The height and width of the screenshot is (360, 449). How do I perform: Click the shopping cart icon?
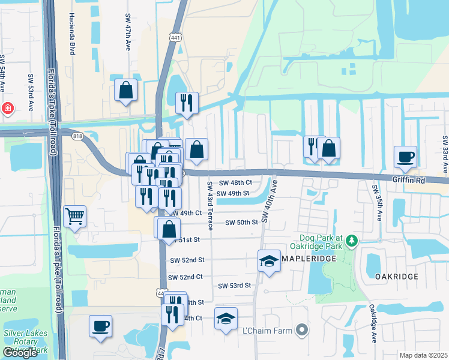tap(74, 216)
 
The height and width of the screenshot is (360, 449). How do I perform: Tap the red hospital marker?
tap(7, 109)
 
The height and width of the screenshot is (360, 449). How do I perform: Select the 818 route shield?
tap(77, 137)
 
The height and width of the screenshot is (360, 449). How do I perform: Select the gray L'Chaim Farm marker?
tap(302, 331)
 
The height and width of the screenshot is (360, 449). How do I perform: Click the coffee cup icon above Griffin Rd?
tap(405, 157)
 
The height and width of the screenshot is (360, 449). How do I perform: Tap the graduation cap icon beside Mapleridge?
tap(270, 260)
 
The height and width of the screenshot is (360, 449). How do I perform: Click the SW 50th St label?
tap(241, 222)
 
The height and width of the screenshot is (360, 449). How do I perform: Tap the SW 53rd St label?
tap(234, 286)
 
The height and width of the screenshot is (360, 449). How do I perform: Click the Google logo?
tap(20, 353)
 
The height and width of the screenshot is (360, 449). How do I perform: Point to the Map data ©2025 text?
tap(423, 355)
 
